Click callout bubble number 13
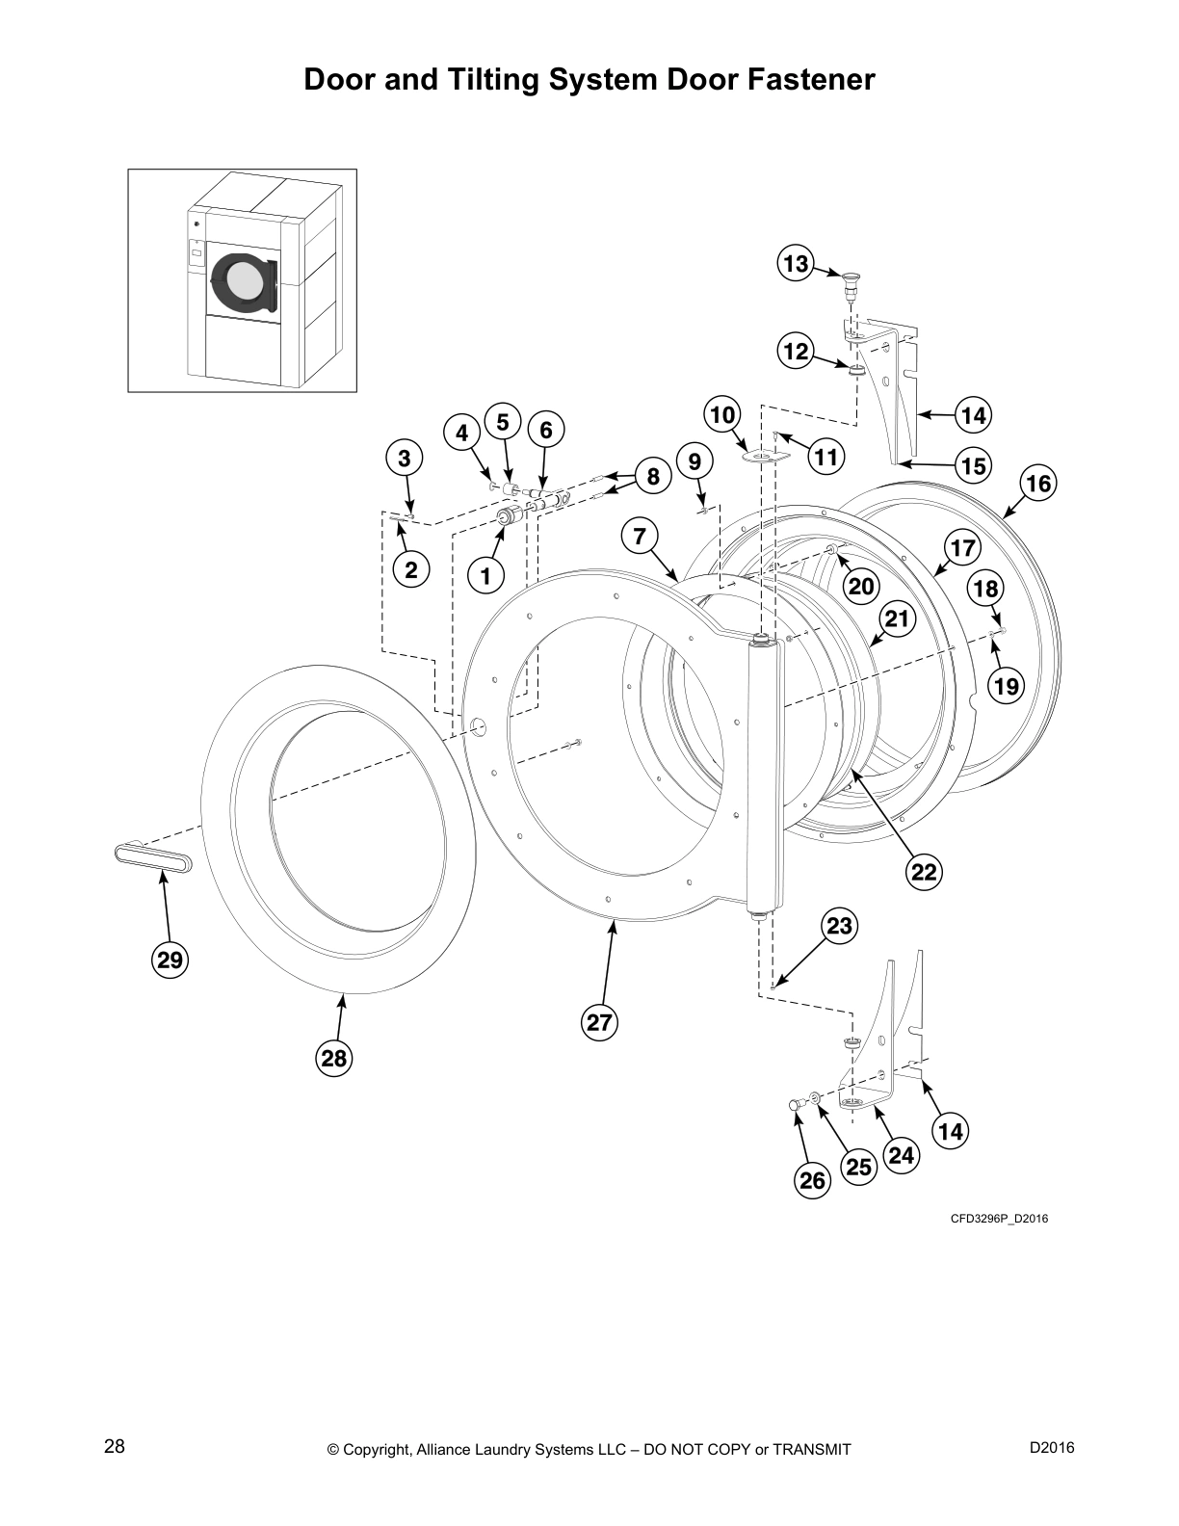click(797, 264)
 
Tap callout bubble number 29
click(170, 960)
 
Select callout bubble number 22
click(924, 872)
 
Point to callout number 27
click(599, 1022)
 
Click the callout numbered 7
click(641, 536)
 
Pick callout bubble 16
click(1039, 483)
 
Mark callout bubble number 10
click(722, 415)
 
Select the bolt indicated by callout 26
click(796, 1106)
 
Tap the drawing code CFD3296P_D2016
click(999, 1219)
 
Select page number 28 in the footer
click(114, 1447)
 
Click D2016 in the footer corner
click(1052, 1448)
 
